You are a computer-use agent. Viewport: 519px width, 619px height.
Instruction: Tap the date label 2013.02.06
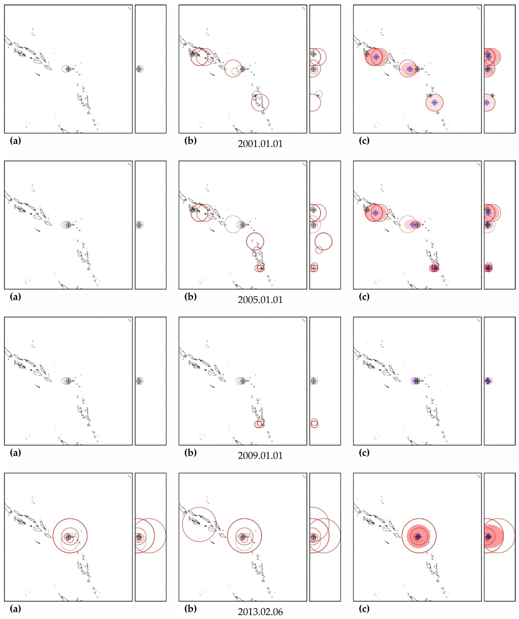(260, 612)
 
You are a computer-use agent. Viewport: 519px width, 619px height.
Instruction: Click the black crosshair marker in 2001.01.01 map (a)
(68, 69)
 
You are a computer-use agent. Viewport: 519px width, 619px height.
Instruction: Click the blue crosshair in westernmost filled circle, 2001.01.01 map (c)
(376, 57)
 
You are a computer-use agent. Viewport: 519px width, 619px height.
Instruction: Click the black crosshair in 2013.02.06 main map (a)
(68, 537)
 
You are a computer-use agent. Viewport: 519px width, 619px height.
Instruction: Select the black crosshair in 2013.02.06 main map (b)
(243, 537)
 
